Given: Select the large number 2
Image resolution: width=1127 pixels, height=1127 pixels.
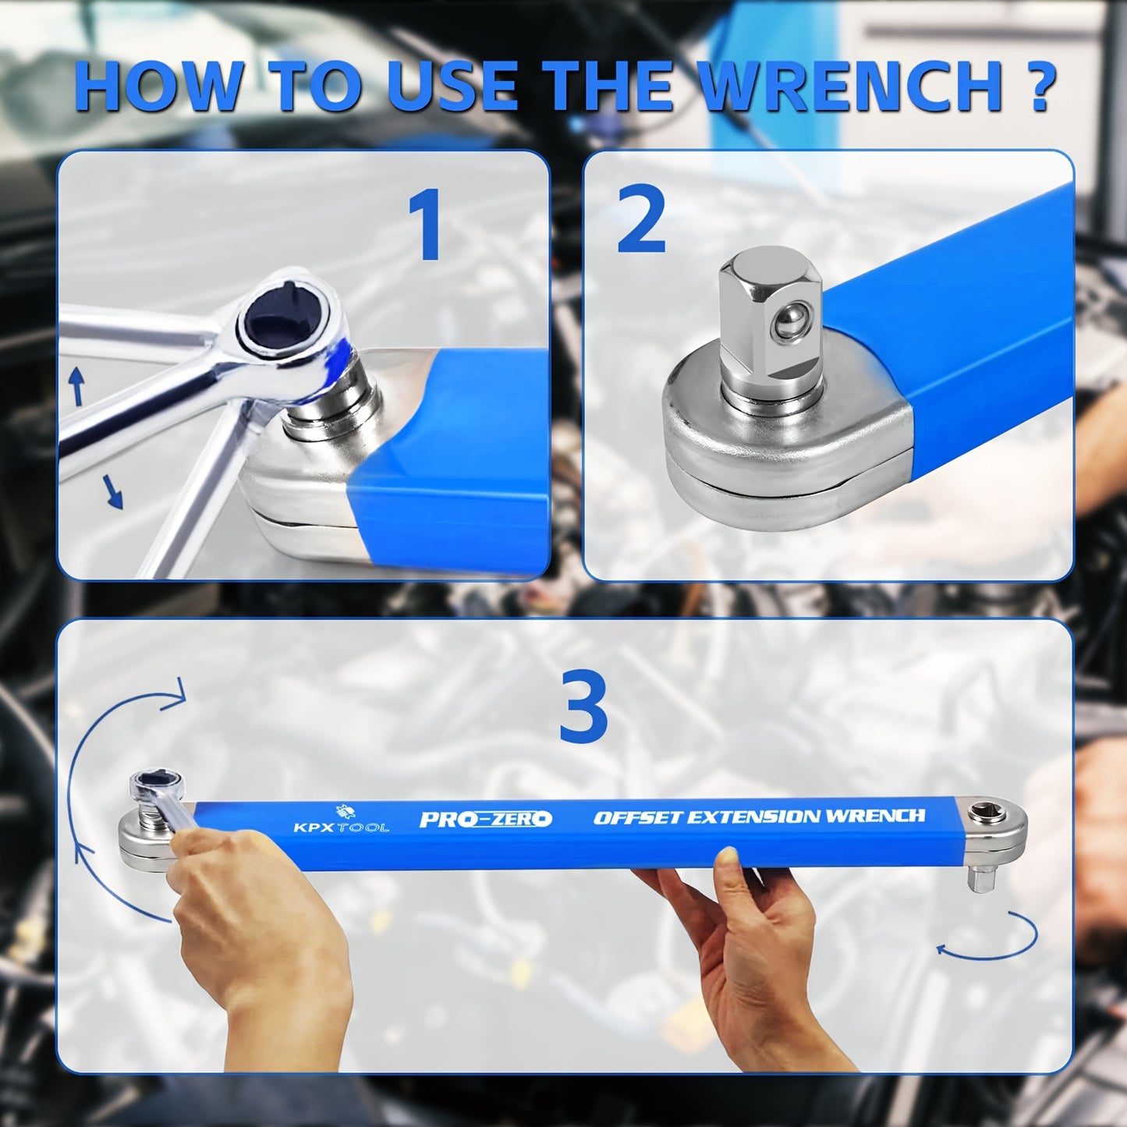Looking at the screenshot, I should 641,222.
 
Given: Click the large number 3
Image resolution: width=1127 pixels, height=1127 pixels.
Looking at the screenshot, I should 583,708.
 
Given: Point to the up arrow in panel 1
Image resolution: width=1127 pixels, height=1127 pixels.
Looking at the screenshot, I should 76,386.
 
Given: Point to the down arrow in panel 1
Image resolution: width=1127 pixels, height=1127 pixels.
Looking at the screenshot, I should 114,493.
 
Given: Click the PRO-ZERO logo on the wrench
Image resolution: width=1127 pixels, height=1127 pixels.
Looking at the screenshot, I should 485,819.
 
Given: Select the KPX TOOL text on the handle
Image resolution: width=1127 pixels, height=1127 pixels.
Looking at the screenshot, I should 341,826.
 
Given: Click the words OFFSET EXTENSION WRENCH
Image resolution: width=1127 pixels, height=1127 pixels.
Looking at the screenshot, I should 759,817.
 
